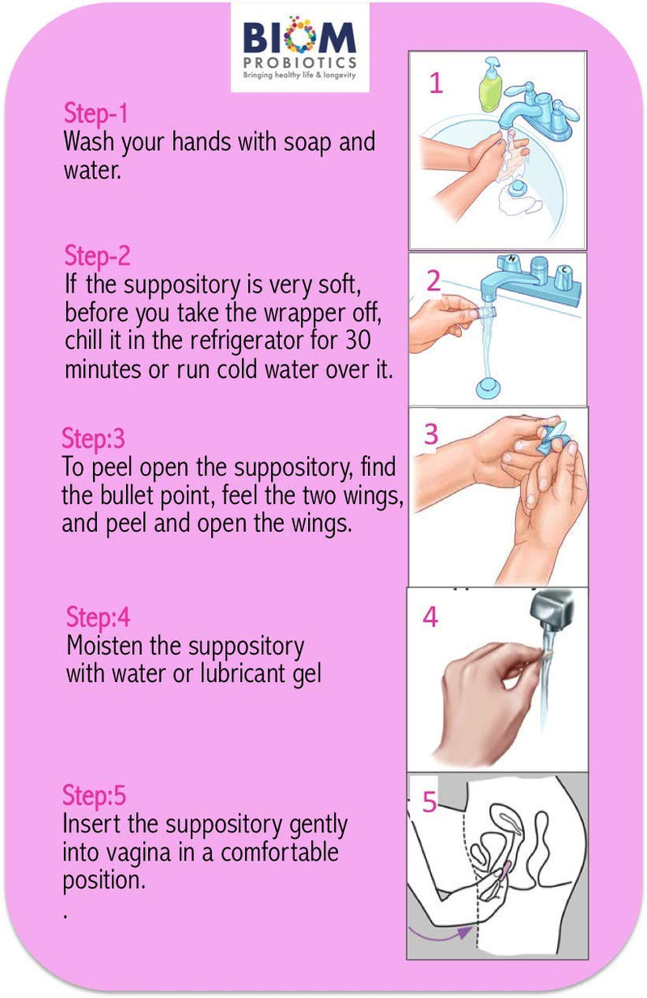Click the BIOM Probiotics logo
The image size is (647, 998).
point(299,47)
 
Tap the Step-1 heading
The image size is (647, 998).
point(95,113)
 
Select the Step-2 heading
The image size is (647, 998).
point(97,256)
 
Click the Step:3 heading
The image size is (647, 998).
point(93,439)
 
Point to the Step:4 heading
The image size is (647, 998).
point(98,617)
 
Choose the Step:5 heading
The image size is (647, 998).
point(95,796)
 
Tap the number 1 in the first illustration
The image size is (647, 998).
point(435,83)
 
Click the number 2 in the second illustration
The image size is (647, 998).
point(433,280)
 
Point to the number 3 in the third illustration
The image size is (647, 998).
point(431,434)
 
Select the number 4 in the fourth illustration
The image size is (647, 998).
point(430,617)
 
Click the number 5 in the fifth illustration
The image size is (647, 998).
point(429,802)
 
